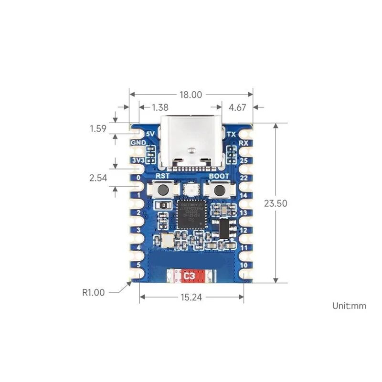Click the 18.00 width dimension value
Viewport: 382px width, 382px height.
pos(191,95)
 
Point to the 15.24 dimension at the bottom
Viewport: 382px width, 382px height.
pos(191,297)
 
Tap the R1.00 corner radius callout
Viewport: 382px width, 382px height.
pos(94,292)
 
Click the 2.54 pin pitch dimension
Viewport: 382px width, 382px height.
pos(99,178)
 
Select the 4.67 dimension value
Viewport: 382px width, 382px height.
pos(237,107)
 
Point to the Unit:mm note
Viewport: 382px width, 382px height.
pos(349,306)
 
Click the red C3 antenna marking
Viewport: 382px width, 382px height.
pos(191,276)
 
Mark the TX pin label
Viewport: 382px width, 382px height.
pos(232,135)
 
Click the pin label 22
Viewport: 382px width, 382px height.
pos(243,178)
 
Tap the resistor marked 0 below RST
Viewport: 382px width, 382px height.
pos(164,205)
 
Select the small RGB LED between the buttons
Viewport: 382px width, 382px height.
pos(191,191)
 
